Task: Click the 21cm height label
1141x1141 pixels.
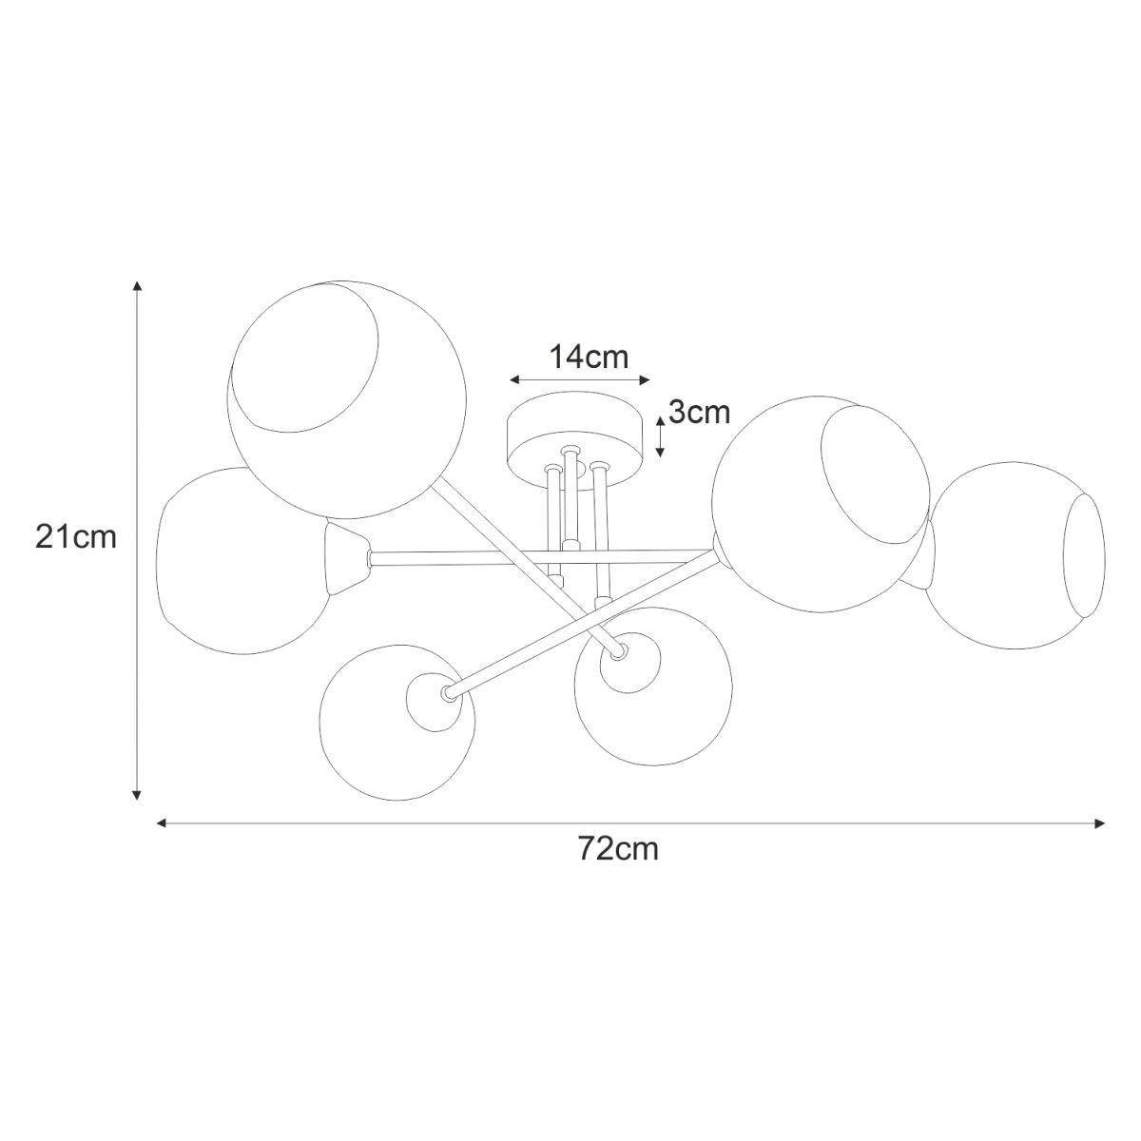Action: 76,538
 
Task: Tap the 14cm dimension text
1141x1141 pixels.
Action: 589,358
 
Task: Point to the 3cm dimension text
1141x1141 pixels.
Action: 699,412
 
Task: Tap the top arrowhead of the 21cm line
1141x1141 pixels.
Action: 137,286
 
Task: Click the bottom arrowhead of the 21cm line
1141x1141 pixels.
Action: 137,795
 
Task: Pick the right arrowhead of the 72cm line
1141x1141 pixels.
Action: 1099,823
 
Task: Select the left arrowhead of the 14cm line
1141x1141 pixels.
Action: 514,379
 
